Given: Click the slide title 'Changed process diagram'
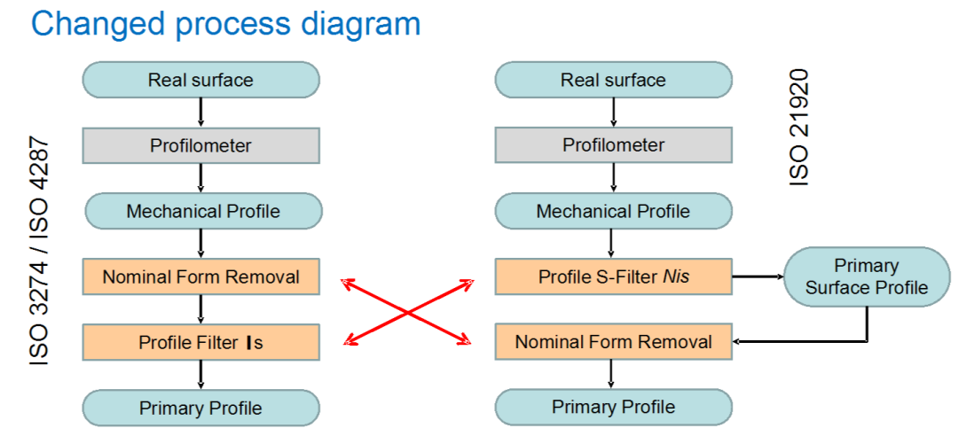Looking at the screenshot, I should (x=225, y=24).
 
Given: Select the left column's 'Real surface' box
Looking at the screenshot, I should (x=200, y=80).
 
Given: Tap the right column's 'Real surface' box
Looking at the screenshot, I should (x=613, y=80).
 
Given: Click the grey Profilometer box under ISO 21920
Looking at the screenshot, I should (x=613, y=145).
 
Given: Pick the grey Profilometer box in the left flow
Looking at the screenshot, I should (x=200, y=145).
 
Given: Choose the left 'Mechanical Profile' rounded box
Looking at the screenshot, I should (x=203, y=212).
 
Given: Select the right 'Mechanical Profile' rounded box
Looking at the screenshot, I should (x=613, y=212).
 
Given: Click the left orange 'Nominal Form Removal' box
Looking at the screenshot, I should (x=200, y=276).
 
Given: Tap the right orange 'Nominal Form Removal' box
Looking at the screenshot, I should (x=613, y=341).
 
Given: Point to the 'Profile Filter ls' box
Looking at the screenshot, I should (x=200, y=341).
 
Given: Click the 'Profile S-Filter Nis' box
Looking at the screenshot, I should (x=613, y=276).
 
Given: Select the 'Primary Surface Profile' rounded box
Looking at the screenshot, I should (x=867, y=276).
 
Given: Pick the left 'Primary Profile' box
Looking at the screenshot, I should (x=200, y=408).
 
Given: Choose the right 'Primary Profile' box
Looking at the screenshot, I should (x=613, y=408).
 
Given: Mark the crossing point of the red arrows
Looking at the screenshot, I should (x=407, y=310).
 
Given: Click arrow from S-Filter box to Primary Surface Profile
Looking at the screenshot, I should (x=758, y=276).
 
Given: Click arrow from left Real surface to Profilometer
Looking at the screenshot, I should (x=200, y=113).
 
